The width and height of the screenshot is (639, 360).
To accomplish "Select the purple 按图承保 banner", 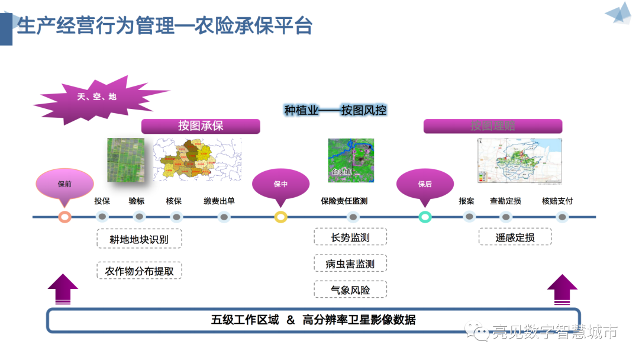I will point(201,126).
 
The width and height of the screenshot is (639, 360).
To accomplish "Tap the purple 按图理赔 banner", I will point(492,126).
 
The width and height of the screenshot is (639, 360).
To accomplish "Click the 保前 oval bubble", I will point(64,184).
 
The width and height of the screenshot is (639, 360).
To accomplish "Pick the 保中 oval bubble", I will point(280,184).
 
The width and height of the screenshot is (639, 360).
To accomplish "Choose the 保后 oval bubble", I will point(425,184).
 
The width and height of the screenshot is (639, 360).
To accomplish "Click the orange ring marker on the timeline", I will point(65,217).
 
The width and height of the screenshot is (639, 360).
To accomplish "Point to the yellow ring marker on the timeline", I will point(281,217).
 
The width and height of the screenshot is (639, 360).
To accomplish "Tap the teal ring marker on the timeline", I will point(425,217).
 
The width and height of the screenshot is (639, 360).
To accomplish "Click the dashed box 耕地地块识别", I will point(139,239).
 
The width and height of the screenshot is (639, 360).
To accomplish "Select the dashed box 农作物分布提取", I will point(139,271).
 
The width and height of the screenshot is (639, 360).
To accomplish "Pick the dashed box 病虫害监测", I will point(350,264).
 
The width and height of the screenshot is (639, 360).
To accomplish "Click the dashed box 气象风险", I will point(350,290).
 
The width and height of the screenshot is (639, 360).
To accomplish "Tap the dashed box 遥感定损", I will point(515,237).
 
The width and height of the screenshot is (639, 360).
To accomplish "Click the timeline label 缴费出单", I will point(219,201).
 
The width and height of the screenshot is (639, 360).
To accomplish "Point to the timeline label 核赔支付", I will point(557,201).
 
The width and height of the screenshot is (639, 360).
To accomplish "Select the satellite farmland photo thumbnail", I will point(125,160).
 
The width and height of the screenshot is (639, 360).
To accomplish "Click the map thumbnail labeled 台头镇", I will point(351,160).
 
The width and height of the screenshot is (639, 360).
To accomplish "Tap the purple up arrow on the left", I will point(63,290).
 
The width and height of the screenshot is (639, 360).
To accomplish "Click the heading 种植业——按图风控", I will point(335,111).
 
